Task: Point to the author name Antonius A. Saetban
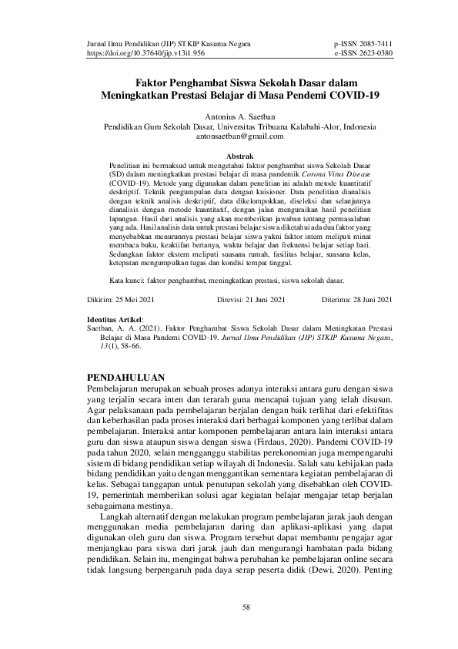pyautogui.click(x=229, y=116)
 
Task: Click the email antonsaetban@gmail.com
pyautogui.click(x=229, y=136)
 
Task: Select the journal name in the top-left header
pyautogui.click(x=169, y=45)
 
